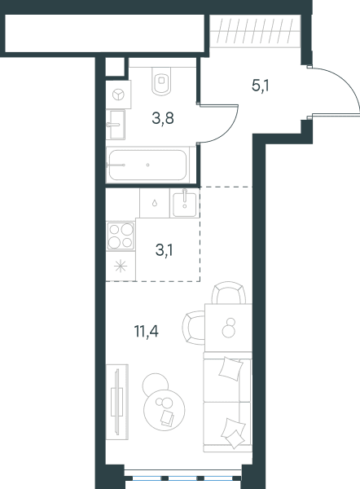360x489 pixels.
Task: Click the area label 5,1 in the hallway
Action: [x=261, y=86]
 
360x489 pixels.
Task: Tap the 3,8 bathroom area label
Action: [x=163, y=118]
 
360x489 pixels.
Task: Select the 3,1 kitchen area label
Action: [x=164, y=250]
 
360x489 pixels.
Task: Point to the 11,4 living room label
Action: [x=146, y=331]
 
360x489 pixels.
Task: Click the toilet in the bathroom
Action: [x=161, y=81]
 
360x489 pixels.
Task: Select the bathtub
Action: [x=147, y=165]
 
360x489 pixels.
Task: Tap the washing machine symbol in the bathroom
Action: [x=118, y=95]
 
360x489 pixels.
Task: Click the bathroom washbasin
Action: [x=116, y=125]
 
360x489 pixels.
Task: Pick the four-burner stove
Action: [x=121, y=236]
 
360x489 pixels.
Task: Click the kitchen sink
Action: [x=185, y=204]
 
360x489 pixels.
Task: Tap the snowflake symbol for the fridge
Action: [x=121, y=266]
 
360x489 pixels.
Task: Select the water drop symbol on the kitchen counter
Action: [x=155, y=203]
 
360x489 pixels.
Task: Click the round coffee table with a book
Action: [x=165, y=410]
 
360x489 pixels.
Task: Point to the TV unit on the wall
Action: [x=117, y=402]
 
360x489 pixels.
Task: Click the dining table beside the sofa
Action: [x=229, y=328]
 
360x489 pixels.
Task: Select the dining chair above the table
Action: [x=229, y=293]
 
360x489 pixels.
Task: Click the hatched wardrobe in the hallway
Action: [x=255, y=31]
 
